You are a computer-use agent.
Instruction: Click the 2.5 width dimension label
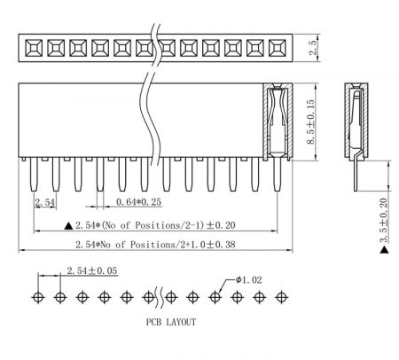[x=313, y=48]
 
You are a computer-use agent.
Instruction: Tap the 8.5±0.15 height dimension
[x=310, y=121]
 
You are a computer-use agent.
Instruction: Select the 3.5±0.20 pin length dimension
[x=384, y=220]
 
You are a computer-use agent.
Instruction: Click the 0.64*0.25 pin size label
[x=138, y=202]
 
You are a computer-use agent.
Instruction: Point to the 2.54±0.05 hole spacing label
[x=92, y=270]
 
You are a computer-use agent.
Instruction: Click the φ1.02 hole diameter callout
[x=249, y=279]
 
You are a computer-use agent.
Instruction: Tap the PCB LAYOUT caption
[x=171, y=322]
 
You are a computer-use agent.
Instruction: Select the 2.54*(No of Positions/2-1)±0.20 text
[x=155, y=225]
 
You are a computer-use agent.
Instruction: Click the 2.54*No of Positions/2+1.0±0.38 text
[x=155, y=245]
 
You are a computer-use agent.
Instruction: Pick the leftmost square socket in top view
[x=34, y=48]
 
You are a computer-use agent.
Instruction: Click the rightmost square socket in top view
[x=278, y=48]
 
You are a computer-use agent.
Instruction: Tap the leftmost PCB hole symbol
[x=38, y=297]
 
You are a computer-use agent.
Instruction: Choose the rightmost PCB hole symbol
[x=281, y=297]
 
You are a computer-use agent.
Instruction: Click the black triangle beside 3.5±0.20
[x=384, y=250]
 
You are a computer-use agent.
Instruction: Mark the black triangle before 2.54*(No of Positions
[x=68, y=226]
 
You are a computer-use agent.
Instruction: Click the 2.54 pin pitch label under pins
[x=45, y=202]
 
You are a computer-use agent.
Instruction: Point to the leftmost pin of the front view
[x=34, y=174]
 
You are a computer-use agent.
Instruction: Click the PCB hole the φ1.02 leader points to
[x=215, y=297]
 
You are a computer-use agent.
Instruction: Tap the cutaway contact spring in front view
[x=278, y=121]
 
